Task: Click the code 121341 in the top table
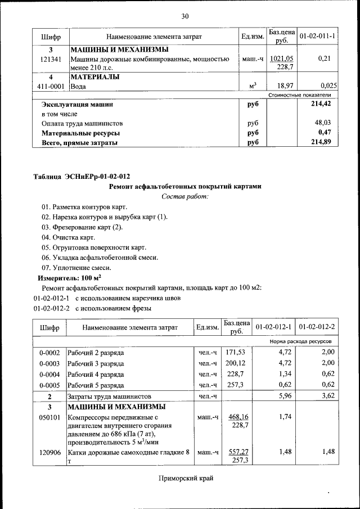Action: coord(51,58)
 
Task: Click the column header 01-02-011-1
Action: coord(317,37)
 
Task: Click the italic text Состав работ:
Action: coord(184,196)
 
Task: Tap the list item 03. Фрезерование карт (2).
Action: coord(82,227)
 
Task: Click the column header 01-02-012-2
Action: coord(317,327)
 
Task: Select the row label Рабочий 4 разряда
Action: coord(96,374)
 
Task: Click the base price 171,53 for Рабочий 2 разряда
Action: coord(236,353)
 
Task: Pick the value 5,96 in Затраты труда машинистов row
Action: coord(280,396)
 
